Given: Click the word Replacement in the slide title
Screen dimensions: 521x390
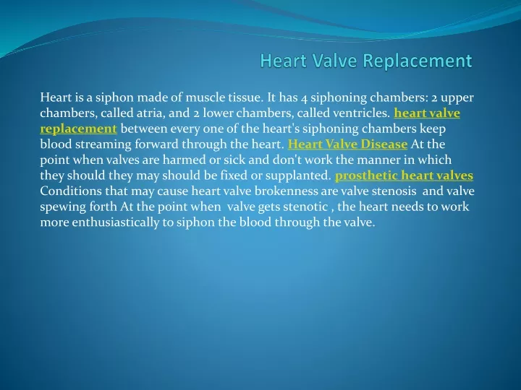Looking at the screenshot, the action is coord(417,61).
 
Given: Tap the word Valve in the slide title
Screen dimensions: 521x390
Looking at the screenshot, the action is coord(334,61).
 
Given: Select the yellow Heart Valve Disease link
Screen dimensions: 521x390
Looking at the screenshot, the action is coord(347,144).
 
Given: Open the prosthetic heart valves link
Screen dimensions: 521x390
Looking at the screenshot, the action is coord(404,175).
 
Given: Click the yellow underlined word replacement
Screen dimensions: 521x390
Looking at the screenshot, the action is coord(78,129).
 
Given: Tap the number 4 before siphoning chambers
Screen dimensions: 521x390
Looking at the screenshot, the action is coord(304,98).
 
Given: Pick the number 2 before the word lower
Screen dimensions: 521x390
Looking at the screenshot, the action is coord(197,114).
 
